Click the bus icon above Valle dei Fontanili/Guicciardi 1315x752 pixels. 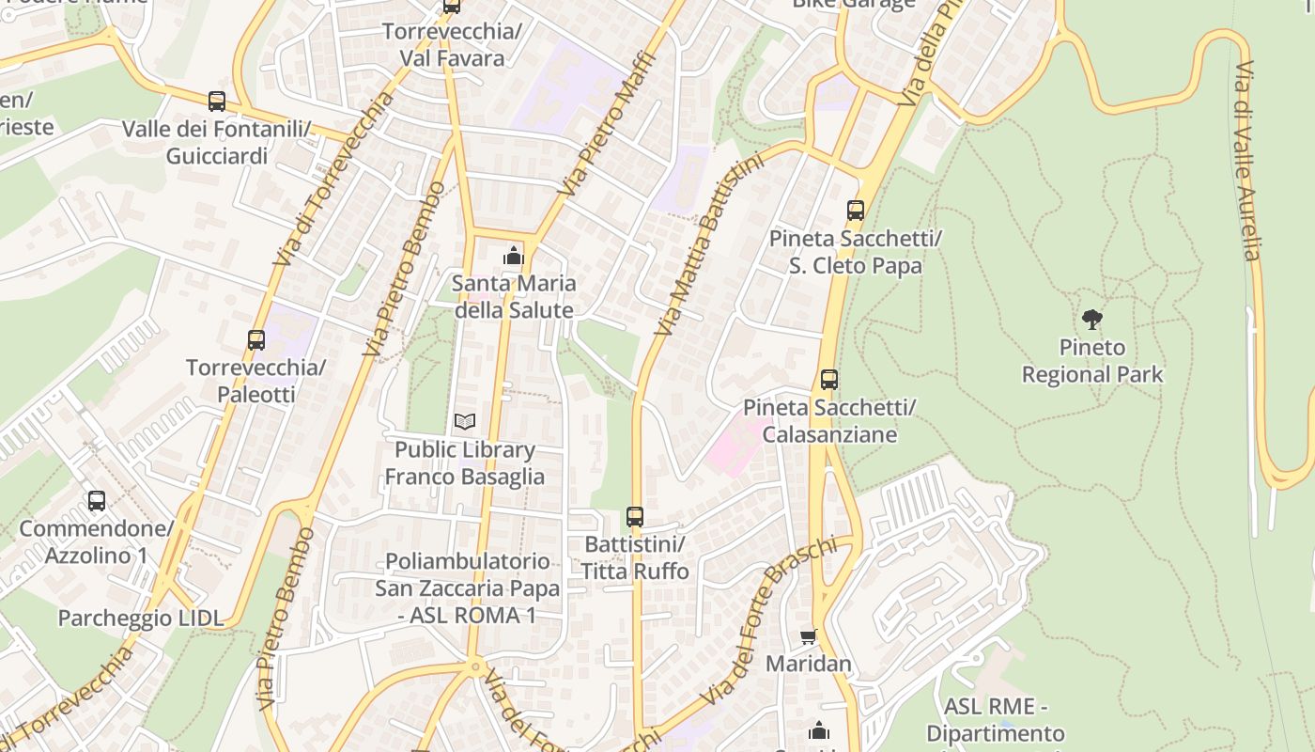(x=217, y=102)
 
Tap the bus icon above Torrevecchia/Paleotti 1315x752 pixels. (x=256, y=340)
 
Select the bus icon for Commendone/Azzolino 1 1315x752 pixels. (x=97, y=501)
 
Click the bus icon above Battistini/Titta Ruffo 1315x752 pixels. (x=635, y=517)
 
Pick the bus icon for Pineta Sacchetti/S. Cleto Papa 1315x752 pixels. (x=855, y=211)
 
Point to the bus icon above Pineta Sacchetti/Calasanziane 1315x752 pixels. (x=828, y=380)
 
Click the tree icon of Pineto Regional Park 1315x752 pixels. (x=1091, y=320)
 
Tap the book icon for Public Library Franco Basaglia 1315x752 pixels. (x=465, y=421)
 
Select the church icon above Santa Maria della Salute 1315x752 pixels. (x=513, y=256)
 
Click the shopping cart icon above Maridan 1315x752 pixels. (x=809, y=637)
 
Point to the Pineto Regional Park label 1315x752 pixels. (x=1092, y=362)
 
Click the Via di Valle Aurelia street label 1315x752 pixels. (x=1246, y=160)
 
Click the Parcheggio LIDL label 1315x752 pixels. (x=141, y=618)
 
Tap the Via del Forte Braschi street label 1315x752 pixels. (x=767, y=621)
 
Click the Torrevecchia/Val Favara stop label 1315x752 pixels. (x=452, y=45)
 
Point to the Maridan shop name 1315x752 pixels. (x=809, y=664)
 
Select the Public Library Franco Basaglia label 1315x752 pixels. (x=465, y=463)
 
